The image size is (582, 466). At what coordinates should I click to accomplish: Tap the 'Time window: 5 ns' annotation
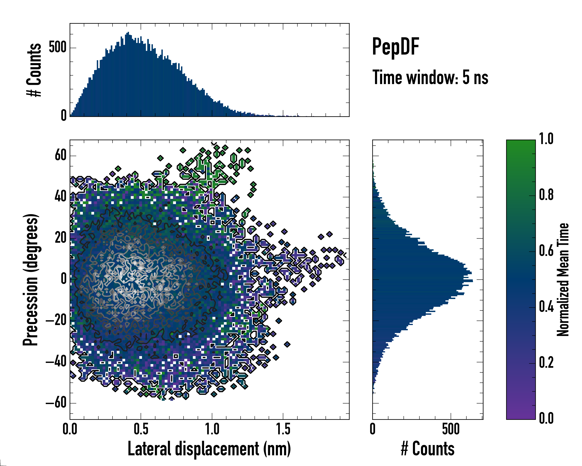[430, 77]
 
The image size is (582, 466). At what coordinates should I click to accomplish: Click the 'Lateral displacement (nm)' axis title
[209, 449]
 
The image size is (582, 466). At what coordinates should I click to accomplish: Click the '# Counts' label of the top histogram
[34, 70]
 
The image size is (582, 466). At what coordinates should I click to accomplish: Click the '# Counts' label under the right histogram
[428, 449]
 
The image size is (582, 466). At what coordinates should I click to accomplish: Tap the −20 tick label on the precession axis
[56, 320]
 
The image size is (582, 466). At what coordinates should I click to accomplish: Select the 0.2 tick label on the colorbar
[546, 363]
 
